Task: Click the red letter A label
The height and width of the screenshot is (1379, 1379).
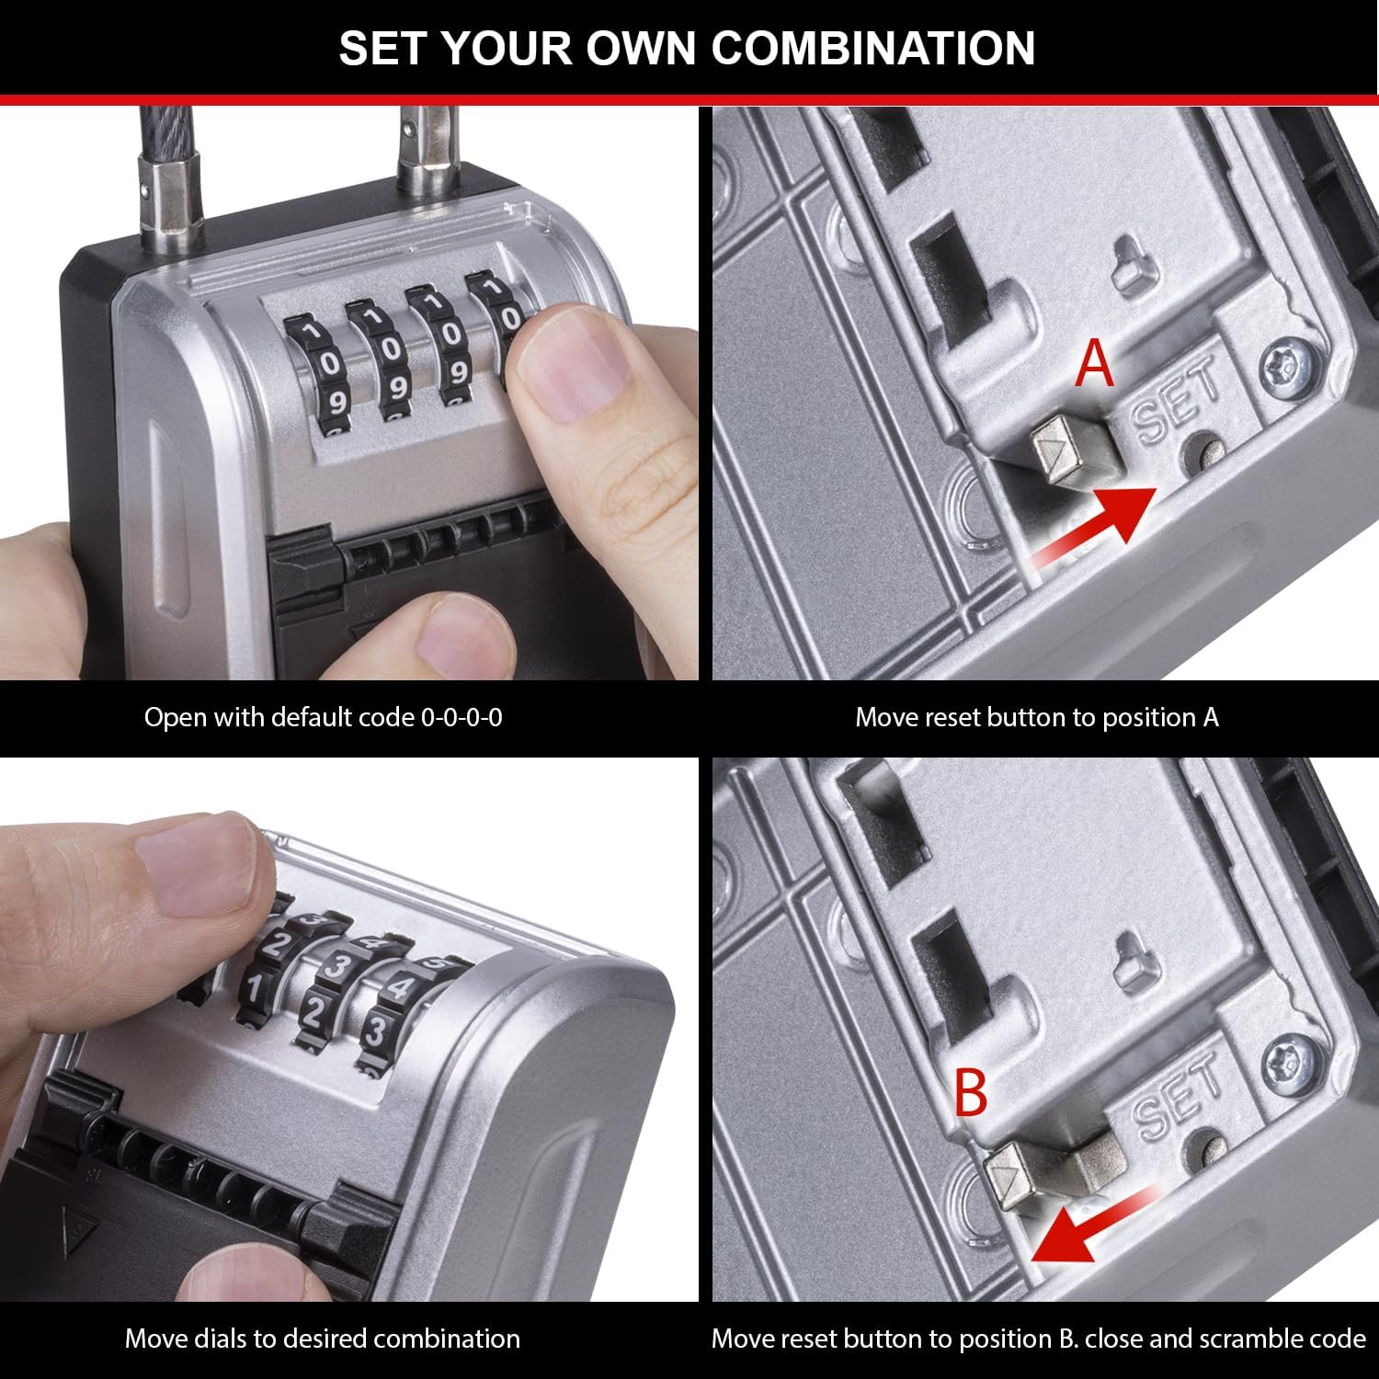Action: [1095, 364]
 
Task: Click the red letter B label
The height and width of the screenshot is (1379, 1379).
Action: [971, 1091]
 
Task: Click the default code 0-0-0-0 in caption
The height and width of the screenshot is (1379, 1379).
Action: [461, 717]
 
